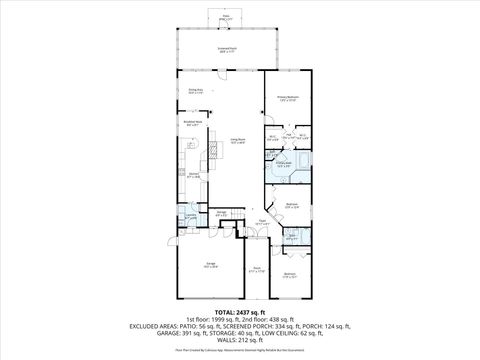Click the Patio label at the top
[226, 15]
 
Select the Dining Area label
[196, 91]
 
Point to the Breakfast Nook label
[193, 124]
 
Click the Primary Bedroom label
[288, 98]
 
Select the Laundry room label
[190, 216]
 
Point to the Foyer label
[260, 223]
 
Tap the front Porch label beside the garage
[256, 269]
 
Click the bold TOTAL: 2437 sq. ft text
[239, 311]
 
